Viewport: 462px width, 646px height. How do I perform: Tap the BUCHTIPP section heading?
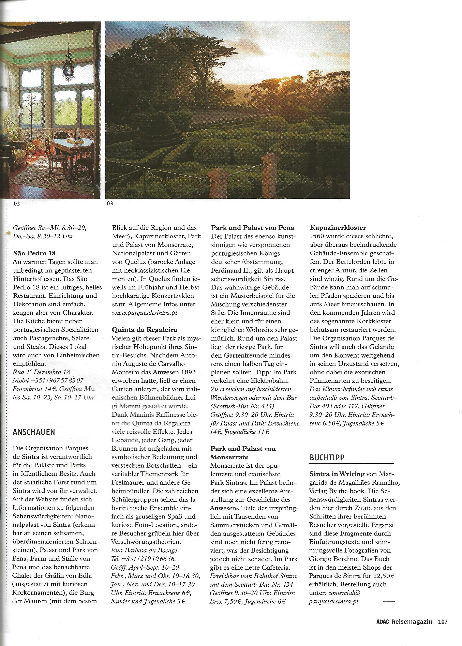(327, 457)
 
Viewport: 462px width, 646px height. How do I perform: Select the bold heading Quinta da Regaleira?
(145, 330)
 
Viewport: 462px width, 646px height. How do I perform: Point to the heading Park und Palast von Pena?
(253, 228)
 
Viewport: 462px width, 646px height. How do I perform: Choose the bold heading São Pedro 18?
(34, 253)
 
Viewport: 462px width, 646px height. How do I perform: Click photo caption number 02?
(16, 204)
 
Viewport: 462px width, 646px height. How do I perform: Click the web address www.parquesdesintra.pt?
(145, 313)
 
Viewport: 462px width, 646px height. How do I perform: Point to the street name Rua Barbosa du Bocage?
(144, 550)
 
